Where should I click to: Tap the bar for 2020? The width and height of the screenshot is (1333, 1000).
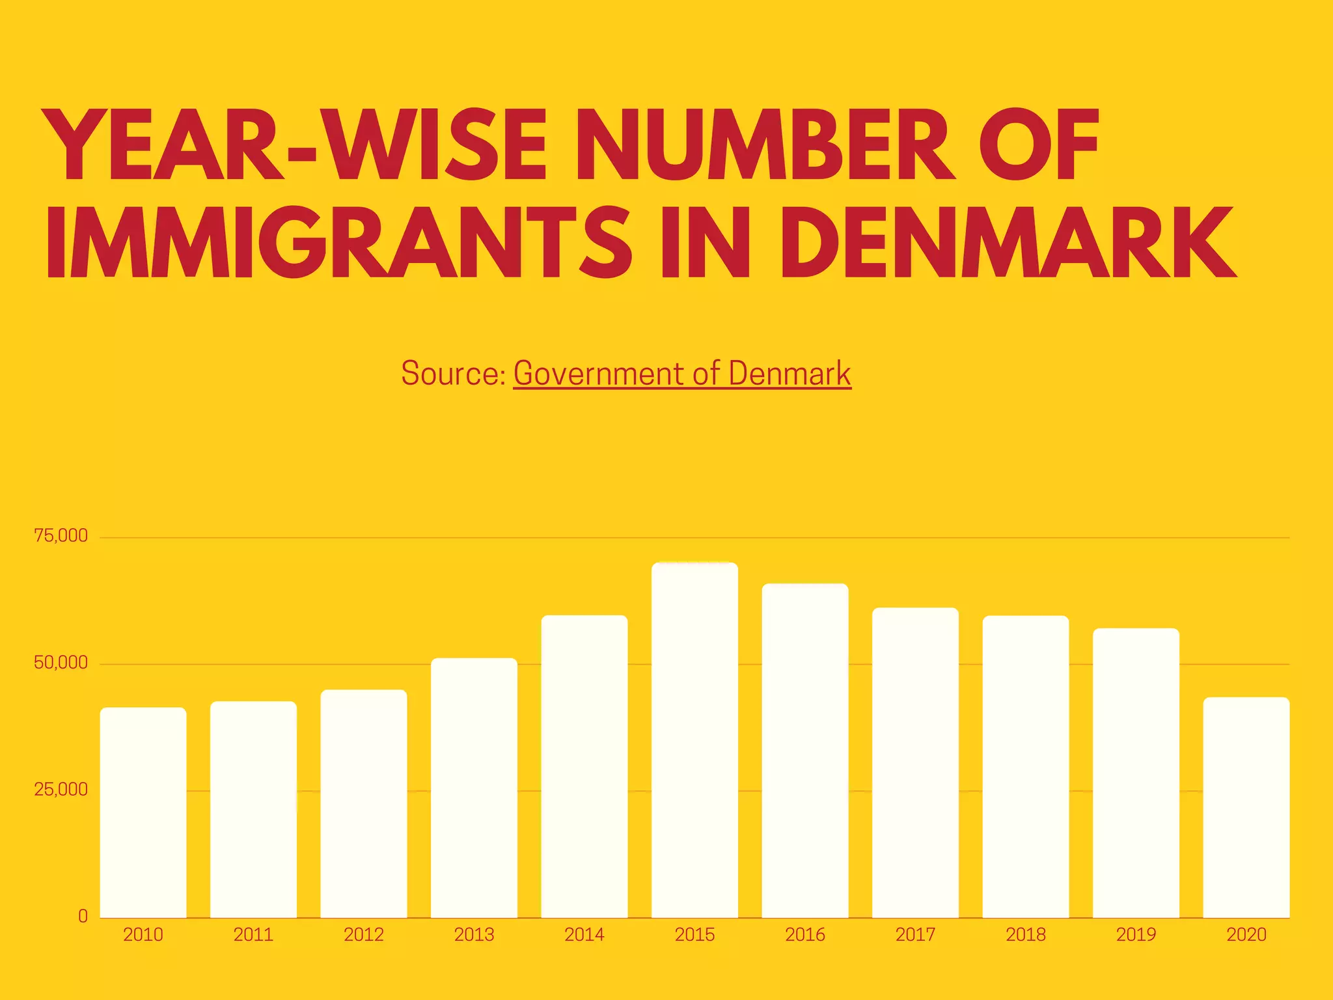coord(1246,807)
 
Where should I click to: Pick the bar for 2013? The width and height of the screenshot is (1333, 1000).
coord(474,788)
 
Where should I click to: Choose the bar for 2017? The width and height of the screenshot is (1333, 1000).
coord(915,762)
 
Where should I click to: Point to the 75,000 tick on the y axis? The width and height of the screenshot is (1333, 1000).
coord(61,536)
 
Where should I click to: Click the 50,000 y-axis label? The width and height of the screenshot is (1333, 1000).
coord(61,663)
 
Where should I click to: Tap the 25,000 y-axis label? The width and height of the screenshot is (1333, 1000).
coord(61,790)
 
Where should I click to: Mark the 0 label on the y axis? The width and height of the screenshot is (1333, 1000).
coord(83,917)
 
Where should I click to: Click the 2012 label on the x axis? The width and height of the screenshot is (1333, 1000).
coord(364,935)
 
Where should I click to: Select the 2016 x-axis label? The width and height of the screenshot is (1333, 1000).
coord(805,935)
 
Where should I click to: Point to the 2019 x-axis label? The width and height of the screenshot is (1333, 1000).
coord(1136,935)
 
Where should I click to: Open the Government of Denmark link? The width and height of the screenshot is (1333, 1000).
coord(682,374)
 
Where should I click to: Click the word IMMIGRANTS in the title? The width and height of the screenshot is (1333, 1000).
coord(339,243)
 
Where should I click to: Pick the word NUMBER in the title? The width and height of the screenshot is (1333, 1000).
coord(765,145)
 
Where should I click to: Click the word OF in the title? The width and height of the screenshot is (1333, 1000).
coord(1039,145)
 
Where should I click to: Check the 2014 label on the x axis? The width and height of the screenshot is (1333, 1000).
coord(584,935)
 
